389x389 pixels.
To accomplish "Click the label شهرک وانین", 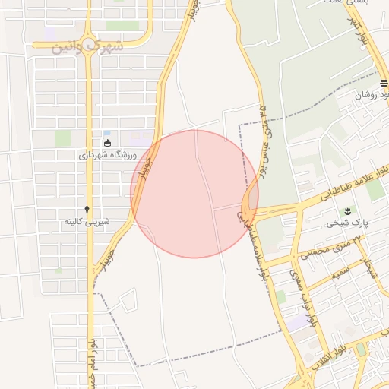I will [x=88, y=46].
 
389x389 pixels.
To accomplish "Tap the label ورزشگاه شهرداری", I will [x=106, y=154].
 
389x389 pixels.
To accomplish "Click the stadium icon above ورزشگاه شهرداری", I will [x=107, y=142].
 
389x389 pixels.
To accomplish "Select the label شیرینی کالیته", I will [x=87, y=222].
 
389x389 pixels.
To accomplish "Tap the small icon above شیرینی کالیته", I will [x=87, y=209].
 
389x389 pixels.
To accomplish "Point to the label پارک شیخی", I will [x=347, y=223].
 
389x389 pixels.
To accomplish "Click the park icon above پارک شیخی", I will [x=348, y=210].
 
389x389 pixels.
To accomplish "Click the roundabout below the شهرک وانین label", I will [x=89, y=43].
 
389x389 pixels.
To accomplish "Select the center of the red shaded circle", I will [x=194, y=194].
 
